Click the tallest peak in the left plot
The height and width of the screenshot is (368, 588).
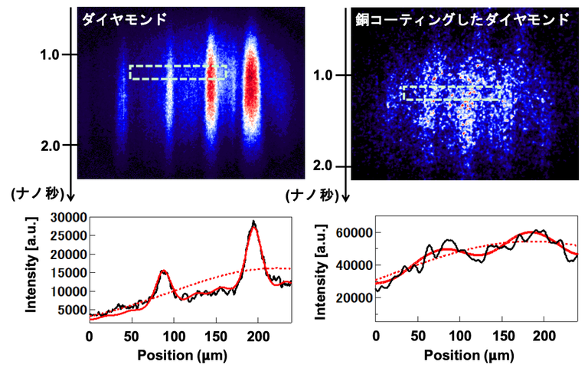pos(254,223)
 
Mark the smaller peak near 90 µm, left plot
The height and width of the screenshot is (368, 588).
pos(163,271)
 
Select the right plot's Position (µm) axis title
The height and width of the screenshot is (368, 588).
pos(477,357)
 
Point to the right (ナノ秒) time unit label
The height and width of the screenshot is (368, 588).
pos(305,196)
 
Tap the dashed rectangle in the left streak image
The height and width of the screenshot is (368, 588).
pos(178,72)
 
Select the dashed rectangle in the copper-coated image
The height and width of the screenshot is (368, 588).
pos(452,93)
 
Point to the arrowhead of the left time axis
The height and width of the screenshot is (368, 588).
pos(70,199)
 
